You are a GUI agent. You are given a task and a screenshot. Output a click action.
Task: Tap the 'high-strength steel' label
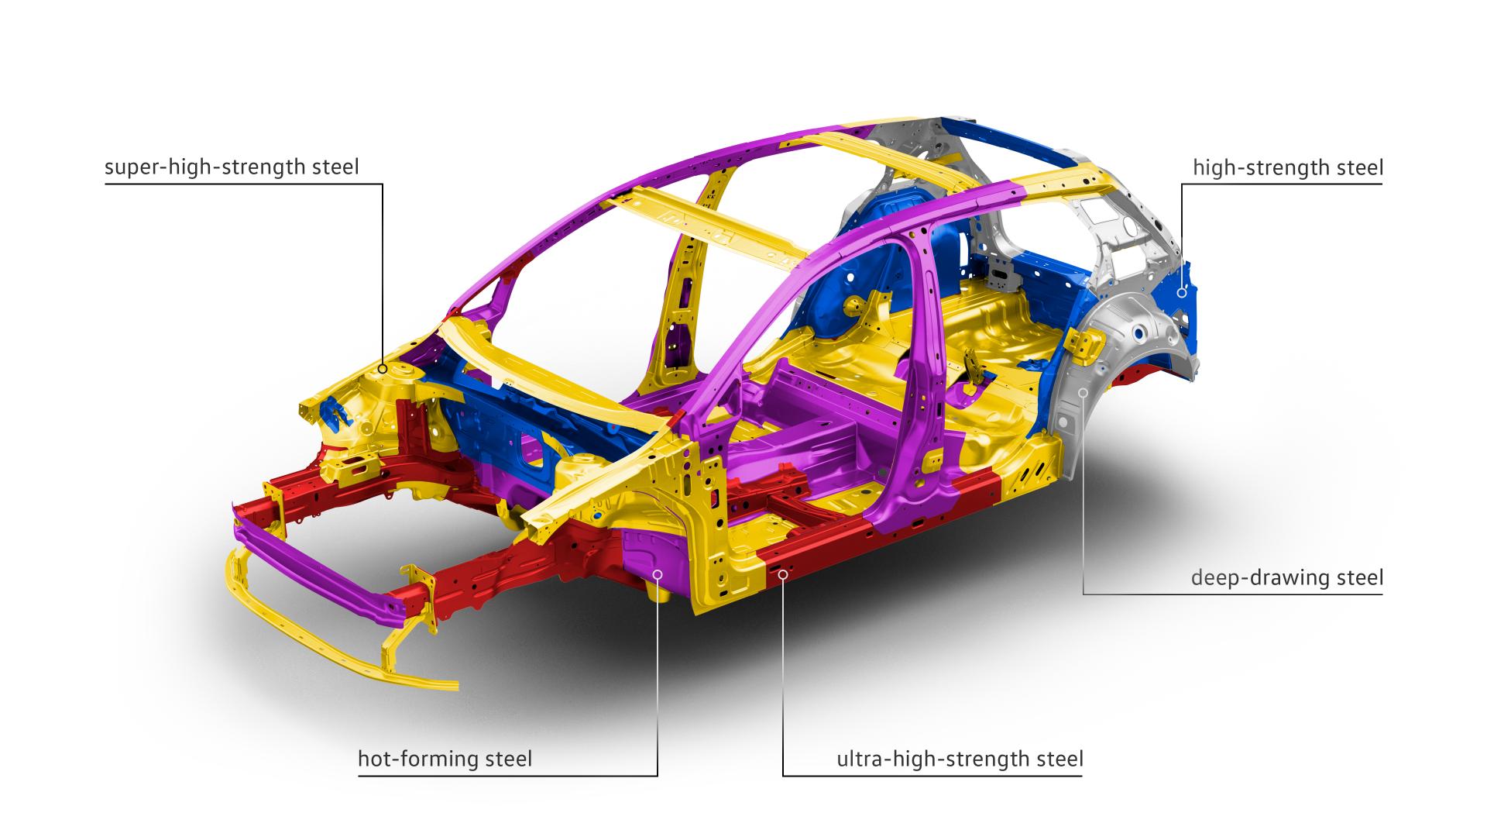(x=1288, y=167)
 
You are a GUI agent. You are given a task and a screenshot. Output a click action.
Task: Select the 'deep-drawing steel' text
(x=1287, y=577)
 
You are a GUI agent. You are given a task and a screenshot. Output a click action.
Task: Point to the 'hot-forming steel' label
(x=445, y=759)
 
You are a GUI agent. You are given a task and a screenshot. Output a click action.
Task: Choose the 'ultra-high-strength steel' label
(x=960, y=759)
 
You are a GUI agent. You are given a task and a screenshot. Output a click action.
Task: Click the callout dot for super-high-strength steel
(x=383, y=370)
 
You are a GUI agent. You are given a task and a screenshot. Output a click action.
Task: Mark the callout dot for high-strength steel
(x=1182, y=293)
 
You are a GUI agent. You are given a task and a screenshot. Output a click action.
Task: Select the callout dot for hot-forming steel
(x=658, y=574)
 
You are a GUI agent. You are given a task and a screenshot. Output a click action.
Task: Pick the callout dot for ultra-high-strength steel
(x=783, y=574)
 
